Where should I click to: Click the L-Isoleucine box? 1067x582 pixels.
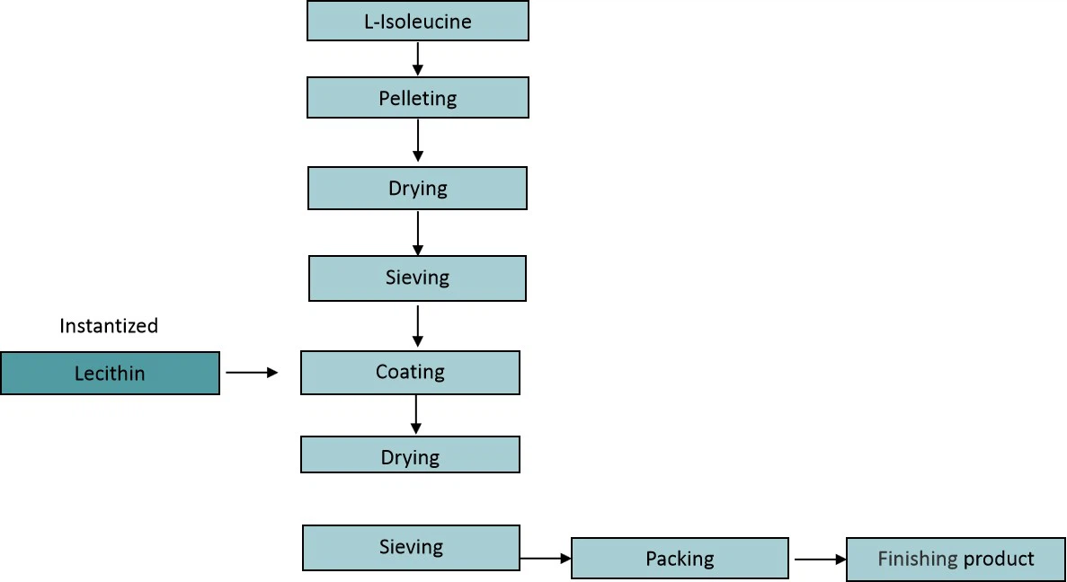pos(418,22)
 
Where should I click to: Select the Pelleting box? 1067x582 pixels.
pos(418,98)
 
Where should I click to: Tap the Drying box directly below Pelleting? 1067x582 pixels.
pos(418,189)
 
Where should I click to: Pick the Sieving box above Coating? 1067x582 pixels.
pos(418,278)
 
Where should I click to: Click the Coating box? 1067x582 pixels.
pos(410,372)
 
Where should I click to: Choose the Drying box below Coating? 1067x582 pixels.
pos(410,455)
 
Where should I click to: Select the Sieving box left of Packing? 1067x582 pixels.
pos(411,548)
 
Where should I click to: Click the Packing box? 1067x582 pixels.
pos(680,559)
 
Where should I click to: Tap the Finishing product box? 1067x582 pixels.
pos(956,559)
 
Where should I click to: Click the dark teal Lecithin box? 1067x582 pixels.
pos(110,373)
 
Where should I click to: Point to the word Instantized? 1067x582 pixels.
pos(109,326)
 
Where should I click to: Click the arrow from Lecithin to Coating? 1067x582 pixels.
pos(252,372)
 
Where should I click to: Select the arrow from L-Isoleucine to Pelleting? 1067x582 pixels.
pos(418,58)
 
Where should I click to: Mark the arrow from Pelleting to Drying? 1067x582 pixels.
pos(418,141)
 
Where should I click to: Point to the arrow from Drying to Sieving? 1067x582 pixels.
pos(418,232)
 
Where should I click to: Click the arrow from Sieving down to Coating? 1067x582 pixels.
pos(418,325)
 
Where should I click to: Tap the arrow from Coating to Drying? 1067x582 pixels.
pos(415,415)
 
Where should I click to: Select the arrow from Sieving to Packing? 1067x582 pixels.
pos(546,559)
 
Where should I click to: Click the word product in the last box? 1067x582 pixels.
pos(999,560)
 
